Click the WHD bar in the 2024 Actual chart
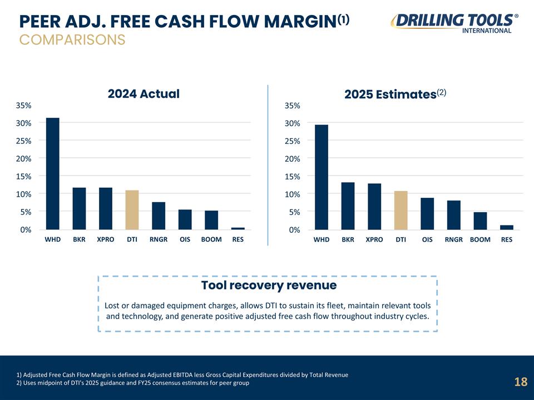click(53, 173)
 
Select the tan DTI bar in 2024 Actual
click(132, 210)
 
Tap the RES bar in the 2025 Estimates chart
click(507, 227)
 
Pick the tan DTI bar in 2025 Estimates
click(401, 210)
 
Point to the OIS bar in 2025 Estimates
click(427, 213)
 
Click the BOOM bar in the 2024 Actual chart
click(211, 220)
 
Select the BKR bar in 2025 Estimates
click(348, 206)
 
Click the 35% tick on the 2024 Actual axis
click(23, 106)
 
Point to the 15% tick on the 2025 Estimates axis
click(293, 177)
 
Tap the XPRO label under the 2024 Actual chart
click(106, 239)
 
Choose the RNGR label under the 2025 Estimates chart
click(454, 239)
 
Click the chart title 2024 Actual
click(144, 93)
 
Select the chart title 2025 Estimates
click(395, 94)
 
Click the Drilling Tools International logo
click(454, 23)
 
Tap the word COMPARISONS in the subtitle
click(72, 40)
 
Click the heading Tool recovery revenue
click(269, 285)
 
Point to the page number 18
click(521, 382)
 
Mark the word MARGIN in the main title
click(300, 22)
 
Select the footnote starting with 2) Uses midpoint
click(133, 383)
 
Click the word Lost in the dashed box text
click(112, 306)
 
